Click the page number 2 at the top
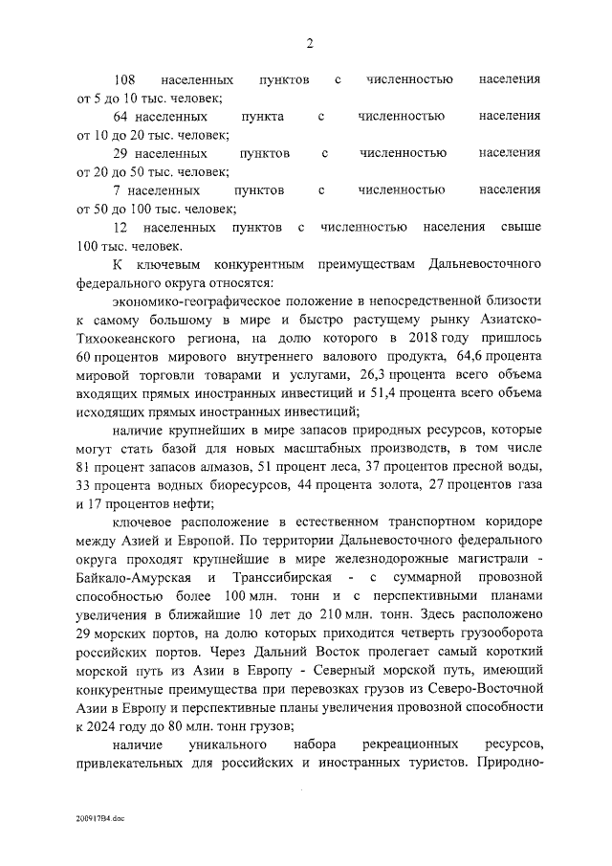(x=309, y=42)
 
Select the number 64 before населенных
(x=120, y=116)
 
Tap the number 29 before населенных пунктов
(x=120, y=153)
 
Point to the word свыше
(x=522, y=228)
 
